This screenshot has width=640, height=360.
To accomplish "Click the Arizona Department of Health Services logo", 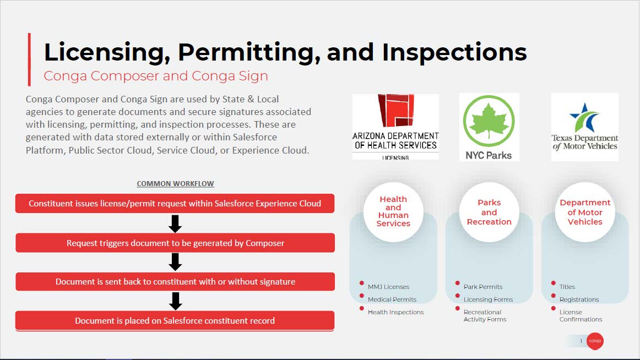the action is tap(395, 127).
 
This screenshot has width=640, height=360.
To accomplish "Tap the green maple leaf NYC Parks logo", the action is tap(489, 127).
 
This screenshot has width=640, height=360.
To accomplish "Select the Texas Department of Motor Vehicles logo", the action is tap(584, 127).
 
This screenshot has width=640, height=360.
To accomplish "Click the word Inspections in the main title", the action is tap(454, 53).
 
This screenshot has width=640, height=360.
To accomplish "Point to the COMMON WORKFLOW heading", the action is tap(175, 183).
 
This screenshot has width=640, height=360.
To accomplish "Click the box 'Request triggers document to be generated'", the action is tap(175, 243).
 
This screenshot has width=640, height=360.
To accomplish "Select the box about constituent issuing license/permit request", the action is tap(175, 204).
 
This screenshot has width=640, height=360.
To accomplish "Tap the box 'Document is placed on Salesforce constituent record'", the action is tap(175, 321).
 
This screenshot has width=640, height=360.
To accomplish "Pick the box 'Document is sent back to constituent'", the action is tap(175, 282).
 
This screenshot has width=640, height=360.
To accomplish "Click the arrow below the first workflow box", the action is tap(175, 224).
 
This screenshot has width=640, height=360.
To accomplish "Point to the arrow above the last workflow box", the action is tap(175, 301).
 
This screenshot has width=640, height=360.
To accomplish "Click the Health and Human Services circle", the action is tap(393, 211).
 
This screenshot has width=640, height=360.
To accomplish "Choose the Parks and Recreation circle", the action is tap(489, 211).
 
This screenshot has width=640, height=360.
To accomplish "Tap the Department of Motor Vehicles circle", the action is tap(585, 211).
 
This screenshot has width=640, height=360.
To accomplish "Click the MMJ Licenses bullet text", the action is tap(388, 287).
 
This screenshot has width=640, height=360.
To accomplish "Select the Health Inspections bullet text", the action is tap(395, 312).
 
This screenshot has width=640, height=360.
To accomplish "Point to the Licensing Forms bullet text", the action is tap(488, 299).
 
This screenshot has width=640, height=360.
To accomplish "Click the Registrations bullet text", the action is tap(579, 299).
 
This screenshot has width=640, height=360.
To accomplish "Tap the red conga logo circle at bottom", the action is tap(595, 341).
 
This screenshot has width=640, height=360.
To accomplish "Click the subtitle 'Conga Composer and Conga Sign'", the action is tap(156, 77).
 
